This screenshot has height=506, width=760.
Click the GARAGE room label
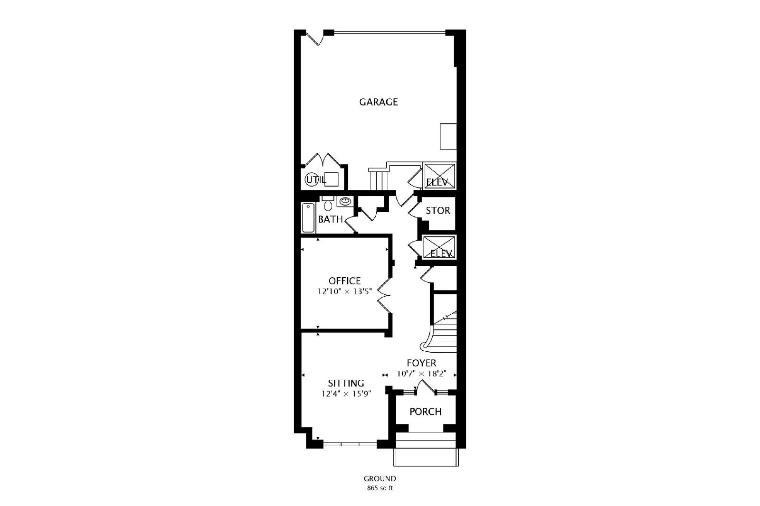pyautogui.click(x=378, y=102)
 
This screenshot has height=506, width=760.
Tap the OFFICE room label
pyautogui.click(x=344, y=281)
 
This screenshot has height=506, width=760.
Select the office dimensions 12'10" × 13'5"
pyautogui.click(x=345, y=291)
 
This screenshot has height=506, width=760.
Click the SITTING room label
pyautogui.click(x=346, y=383)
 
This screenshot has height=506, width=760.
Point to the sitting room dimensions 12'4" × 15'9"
pyautogui.click(x=346, y=394)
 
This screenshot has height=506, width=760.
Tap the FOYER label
pyautogui.click(x=421, y=363)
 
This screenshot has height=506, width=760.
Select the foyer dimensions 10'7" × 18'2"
pyautogui.click(x=421, y=374)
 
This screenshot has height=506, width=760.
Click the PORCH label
pyautogui.click(x=426, y=412)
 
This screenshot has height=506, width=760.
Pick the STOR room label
pyautogui.click(x=438, y=211)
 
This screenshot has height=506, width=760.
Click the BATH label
pyautogui.click(x=330, y=219)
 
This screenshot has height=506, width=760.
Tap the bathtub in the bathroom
pyautogui.click(x=308, y=217)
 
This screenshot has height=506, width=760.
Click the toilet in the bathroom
pyautogui.click(x=328, y=203)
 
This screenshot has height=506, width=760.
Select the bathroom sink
pyautogui.click(x=345, y=201)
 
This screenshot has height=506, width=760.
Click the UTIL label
pyautogui.click(x=315, y=180)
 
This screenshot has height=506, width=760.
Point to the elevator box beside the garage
pyautogui.click(x=439, y=176)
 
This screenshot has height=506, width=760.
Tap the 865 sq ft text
pyautogui.click(x=380, y=489)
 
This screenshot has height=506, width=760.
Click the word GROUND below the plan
pyautogui.click(x=380, y=479)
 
